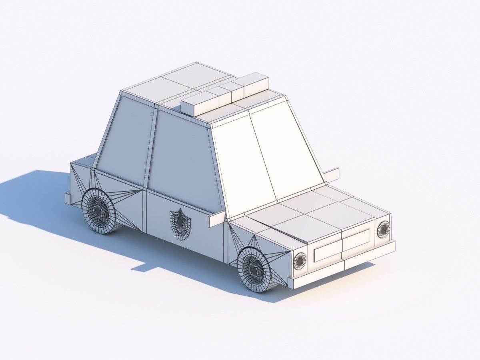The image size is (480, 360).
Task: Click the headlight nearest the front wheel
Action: click(x=300, y=261)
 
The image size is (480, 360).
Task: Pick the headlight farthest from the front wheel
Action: click(x=383, y=228)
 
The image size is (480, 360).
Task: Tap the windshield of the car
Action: click(x=266, y=154)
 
